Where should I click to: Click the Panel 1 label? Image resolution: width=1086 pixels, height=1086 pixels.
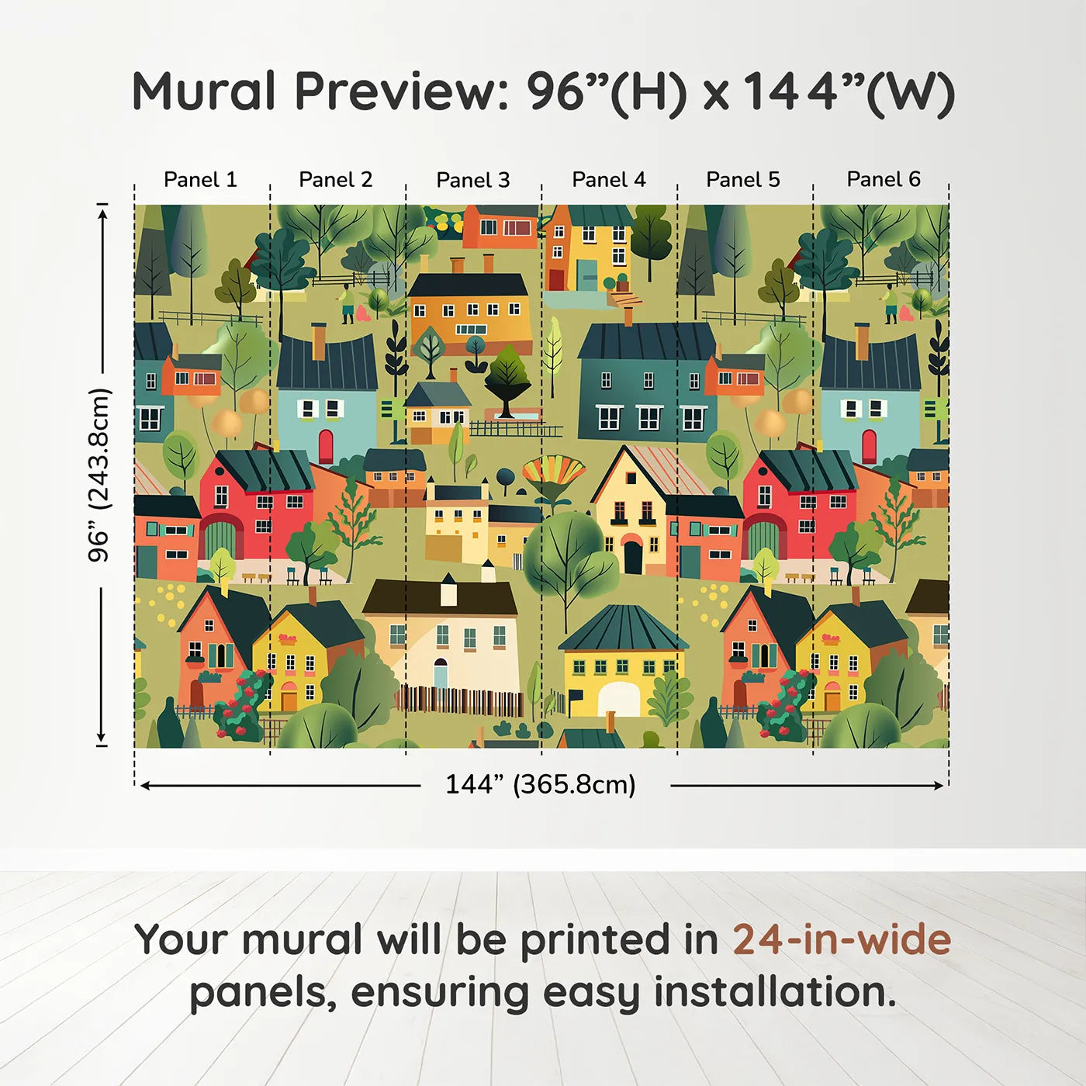(x=200, y=180)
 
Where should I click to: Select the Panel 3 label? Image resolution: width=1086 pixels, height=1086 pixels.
(x=472, y=181)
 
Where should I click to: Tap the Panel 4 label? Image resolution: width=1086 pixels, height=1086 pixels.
(x=608, y=180)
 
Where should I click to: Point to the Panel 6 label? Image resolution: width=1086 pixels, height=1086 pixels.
(x=883, y=180)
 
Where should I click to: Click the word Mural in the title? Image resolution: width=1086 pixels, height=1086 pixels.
(x=203, y=92)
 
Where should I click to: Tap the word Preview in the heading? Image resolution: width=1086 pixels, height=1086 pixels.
(x=401, y=92)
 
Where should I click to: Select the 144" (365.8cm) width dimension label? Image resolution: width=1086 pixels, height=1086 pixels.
(x=540, y=785)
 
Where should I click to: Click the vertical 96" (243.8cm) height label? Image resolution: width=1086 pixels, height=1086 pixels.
(x=99, y=475)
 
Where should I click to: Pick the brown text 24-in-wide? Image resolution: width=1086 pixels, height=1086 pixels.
(x=842, y=940)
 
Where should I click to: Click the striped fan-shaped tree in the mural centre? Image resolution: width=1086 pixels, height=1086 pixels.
(x=553, y=475)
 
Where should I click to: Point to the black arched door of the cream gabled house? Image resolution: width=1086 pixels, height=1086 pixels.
(x=633, y=557)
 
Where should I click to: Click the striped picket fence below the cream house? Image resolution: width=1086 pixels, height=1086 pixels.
(x=461, y=700)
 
